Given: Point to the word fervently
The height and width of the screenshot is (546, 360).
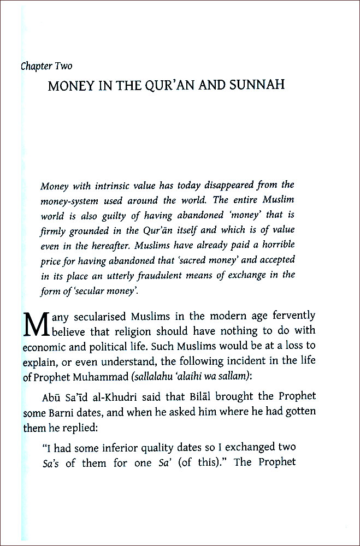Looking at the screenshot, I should [291, 316].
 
